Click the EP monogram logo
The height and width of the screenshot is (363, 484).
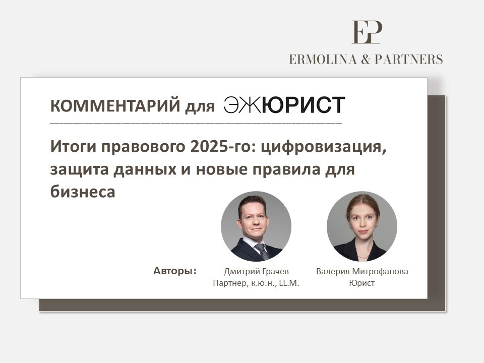point(367,32)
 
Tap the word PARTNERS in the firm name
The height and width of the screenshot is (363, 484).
point(409,59)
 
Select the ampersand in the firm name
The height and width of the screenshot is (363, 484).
point(366,59)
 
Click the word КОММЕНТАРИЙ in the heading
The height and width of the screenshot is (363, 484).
point(115,105)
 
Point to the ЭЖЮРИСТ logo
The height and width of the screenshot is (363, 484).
point(284,105)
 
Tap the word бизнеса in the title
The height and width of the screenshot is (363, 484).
point(82,192)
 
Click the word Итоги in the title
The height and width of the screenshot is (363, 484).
point(73,147)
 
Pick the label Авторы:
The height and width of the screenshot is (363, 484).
point(175,271)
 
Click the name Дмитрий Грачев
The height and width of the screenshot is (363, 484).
point(256,272)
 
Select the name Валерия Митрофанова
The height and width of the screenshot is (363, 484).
point(362,272)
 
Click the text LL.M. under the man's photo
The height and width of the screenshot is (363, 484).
point(289,283)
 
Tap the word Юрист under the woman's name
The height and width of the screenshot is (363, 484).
point(362,283)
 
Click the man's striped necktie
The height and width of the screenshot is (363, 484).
point(262,251)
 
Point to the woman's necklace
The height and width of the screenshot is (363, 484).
point(362,257)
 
